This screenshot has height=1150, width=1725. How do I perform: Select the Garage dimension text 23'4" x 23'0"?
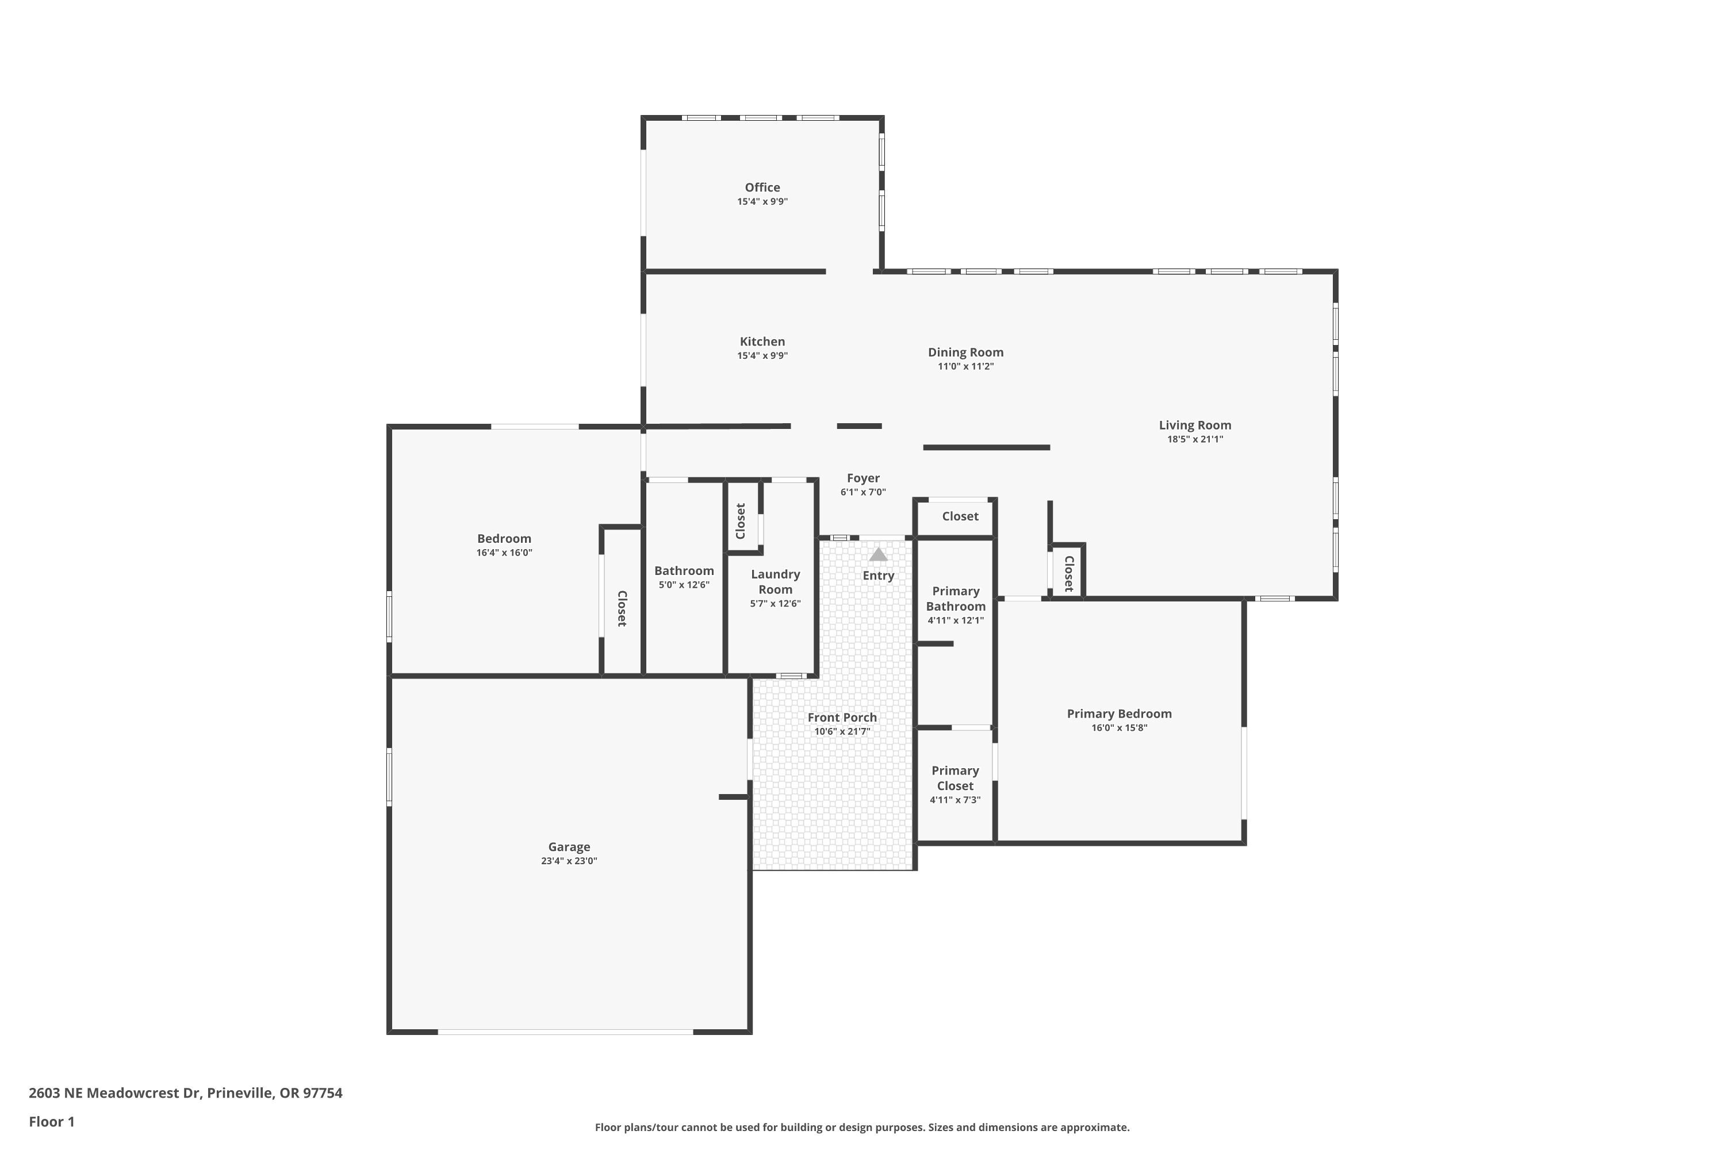(569, 861)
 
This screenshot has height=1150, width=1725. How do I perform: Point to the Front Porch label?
(842, 717)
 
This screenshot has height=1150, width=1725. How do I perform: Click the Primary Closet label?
(955, 777)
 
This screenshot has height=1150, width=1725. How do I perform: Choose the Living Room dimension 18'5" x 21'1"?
(1195, 439)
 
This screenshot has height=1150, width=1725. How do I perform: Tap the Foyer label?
(862, 478)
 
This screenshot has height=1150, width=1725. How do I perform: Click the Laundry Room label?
(775, 581)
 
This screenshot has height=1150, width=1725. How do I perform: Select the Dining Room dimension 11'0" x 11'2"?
(965, 366)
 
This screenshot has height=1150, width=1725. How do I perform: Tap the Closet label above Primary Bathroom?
(960, 516)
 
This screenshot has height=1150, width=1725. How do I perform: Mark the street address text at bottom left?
(186, 1093)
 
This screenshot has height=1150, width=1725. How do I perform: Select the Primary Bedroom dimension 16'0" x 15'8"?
(1118, 727)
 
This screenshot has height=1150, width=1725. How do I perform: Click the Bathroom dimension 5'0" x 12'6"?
(684, 585)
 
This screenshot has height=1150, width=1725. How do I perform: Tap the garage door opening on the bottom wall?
(565, 1032)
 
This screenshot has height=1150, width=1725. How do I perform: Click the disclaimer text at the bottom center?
(862, 1127)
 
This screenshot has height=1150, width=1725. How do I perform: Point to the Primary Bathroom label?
(955, 599)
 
